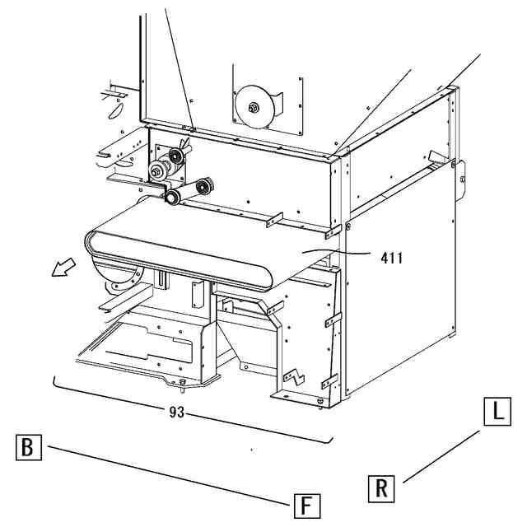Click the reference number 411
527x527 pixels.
tap(392, 258)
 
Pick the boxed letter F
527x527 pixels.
tap(306, 504)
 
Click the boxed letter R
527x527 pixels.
tap(380, 488)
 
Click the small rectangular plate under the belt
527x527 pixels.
tap(197, 293)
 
